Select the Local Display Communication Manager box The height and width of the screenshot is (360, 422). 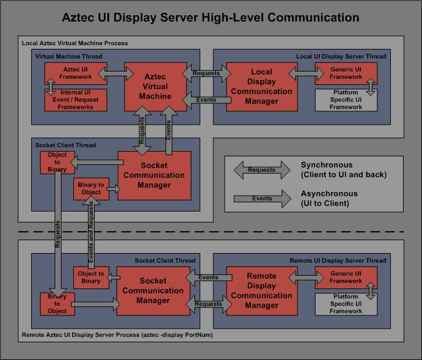(261, 86)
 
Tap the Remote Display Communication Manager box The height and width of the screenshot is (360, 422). (261, 290)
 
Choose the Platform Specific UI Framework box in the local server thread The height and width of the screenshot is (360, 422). (346, 100)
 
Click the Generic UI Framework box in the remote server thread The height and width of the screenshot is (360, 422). (346, 277)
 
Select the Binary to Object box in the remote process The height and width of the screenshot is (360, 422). (57, 303)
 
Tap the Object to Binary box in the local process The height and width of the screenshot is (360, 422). (57, 162)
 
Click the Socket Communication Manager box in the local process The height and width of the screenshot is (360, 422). (154, 175)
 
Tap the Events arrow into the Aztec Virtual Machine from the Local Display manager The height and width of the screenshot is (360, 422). (205, 100)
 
